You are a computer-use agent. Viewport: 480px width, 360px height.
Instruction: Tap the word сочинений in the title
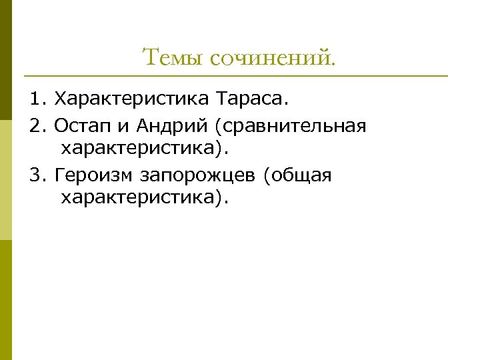272,59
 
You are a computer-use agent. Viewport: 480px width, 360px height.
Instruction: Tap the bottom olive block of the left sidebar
5,300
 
